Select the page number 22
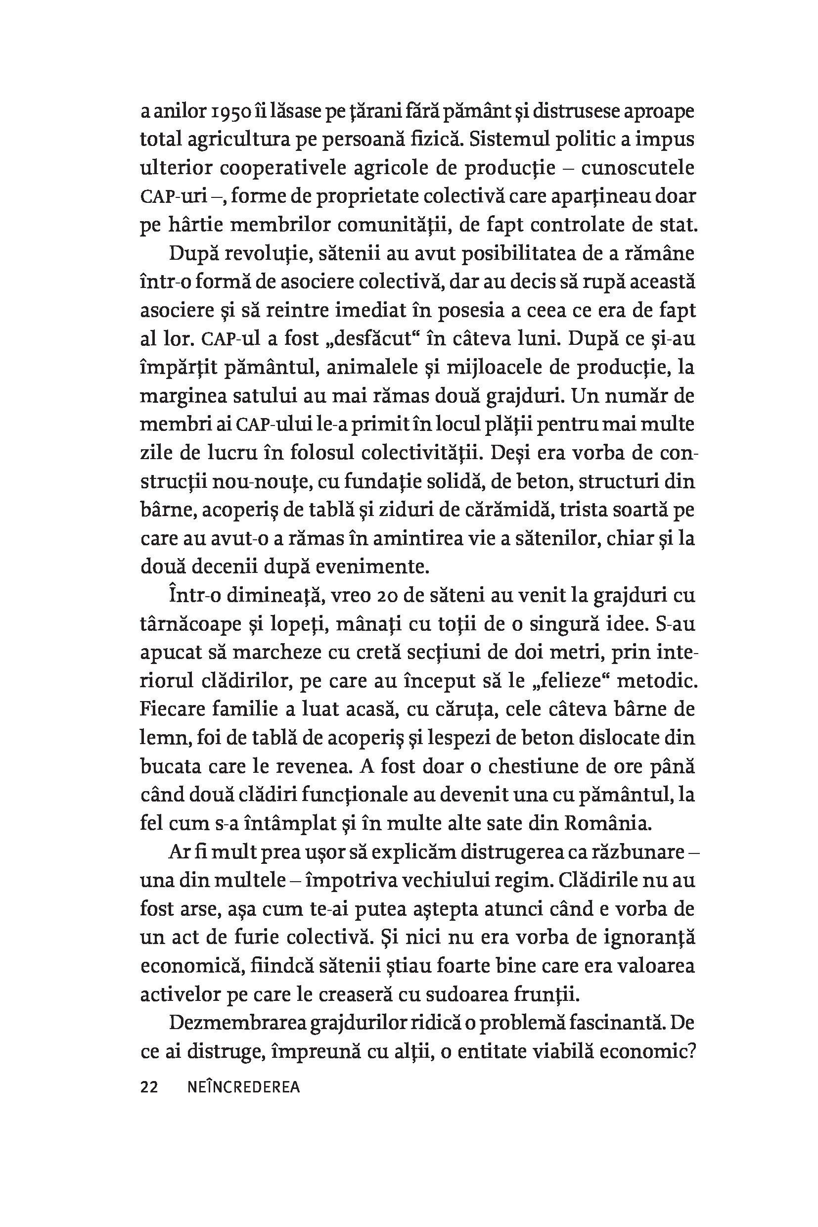pos(149,1086)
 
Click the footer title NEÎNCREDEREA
pos(243,1086)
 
